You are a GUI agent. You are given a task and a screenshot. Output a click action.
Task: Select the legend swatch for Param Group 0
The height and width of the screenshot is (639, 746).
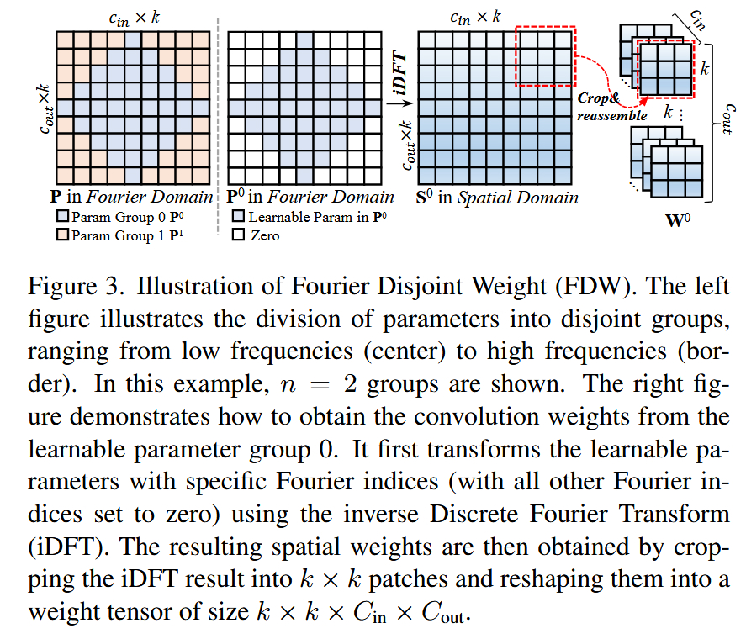click(x=61, y=218)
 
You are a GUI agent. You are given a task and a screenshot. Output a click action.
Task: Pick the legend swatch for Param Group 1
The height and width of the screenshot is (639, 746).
click(x=61, y=235)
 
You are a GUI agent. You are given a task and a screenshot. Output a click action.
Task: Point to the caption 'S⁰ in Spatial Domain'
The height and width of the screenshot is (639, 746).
click(x=498, y=198)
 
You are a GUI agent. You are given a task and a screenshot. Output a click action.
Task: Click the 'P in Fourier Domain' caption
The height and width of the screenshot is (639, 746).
click(x=131, y=198)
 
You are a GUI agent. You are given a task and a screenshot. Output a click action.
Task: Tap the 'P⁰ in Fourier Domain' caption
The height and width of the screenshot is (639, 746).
click(x=310, y=198)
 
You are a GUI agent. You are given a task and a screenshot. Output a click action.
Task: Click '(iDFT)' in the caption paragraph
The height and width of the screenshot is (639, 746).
click(x=60, y=547)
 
